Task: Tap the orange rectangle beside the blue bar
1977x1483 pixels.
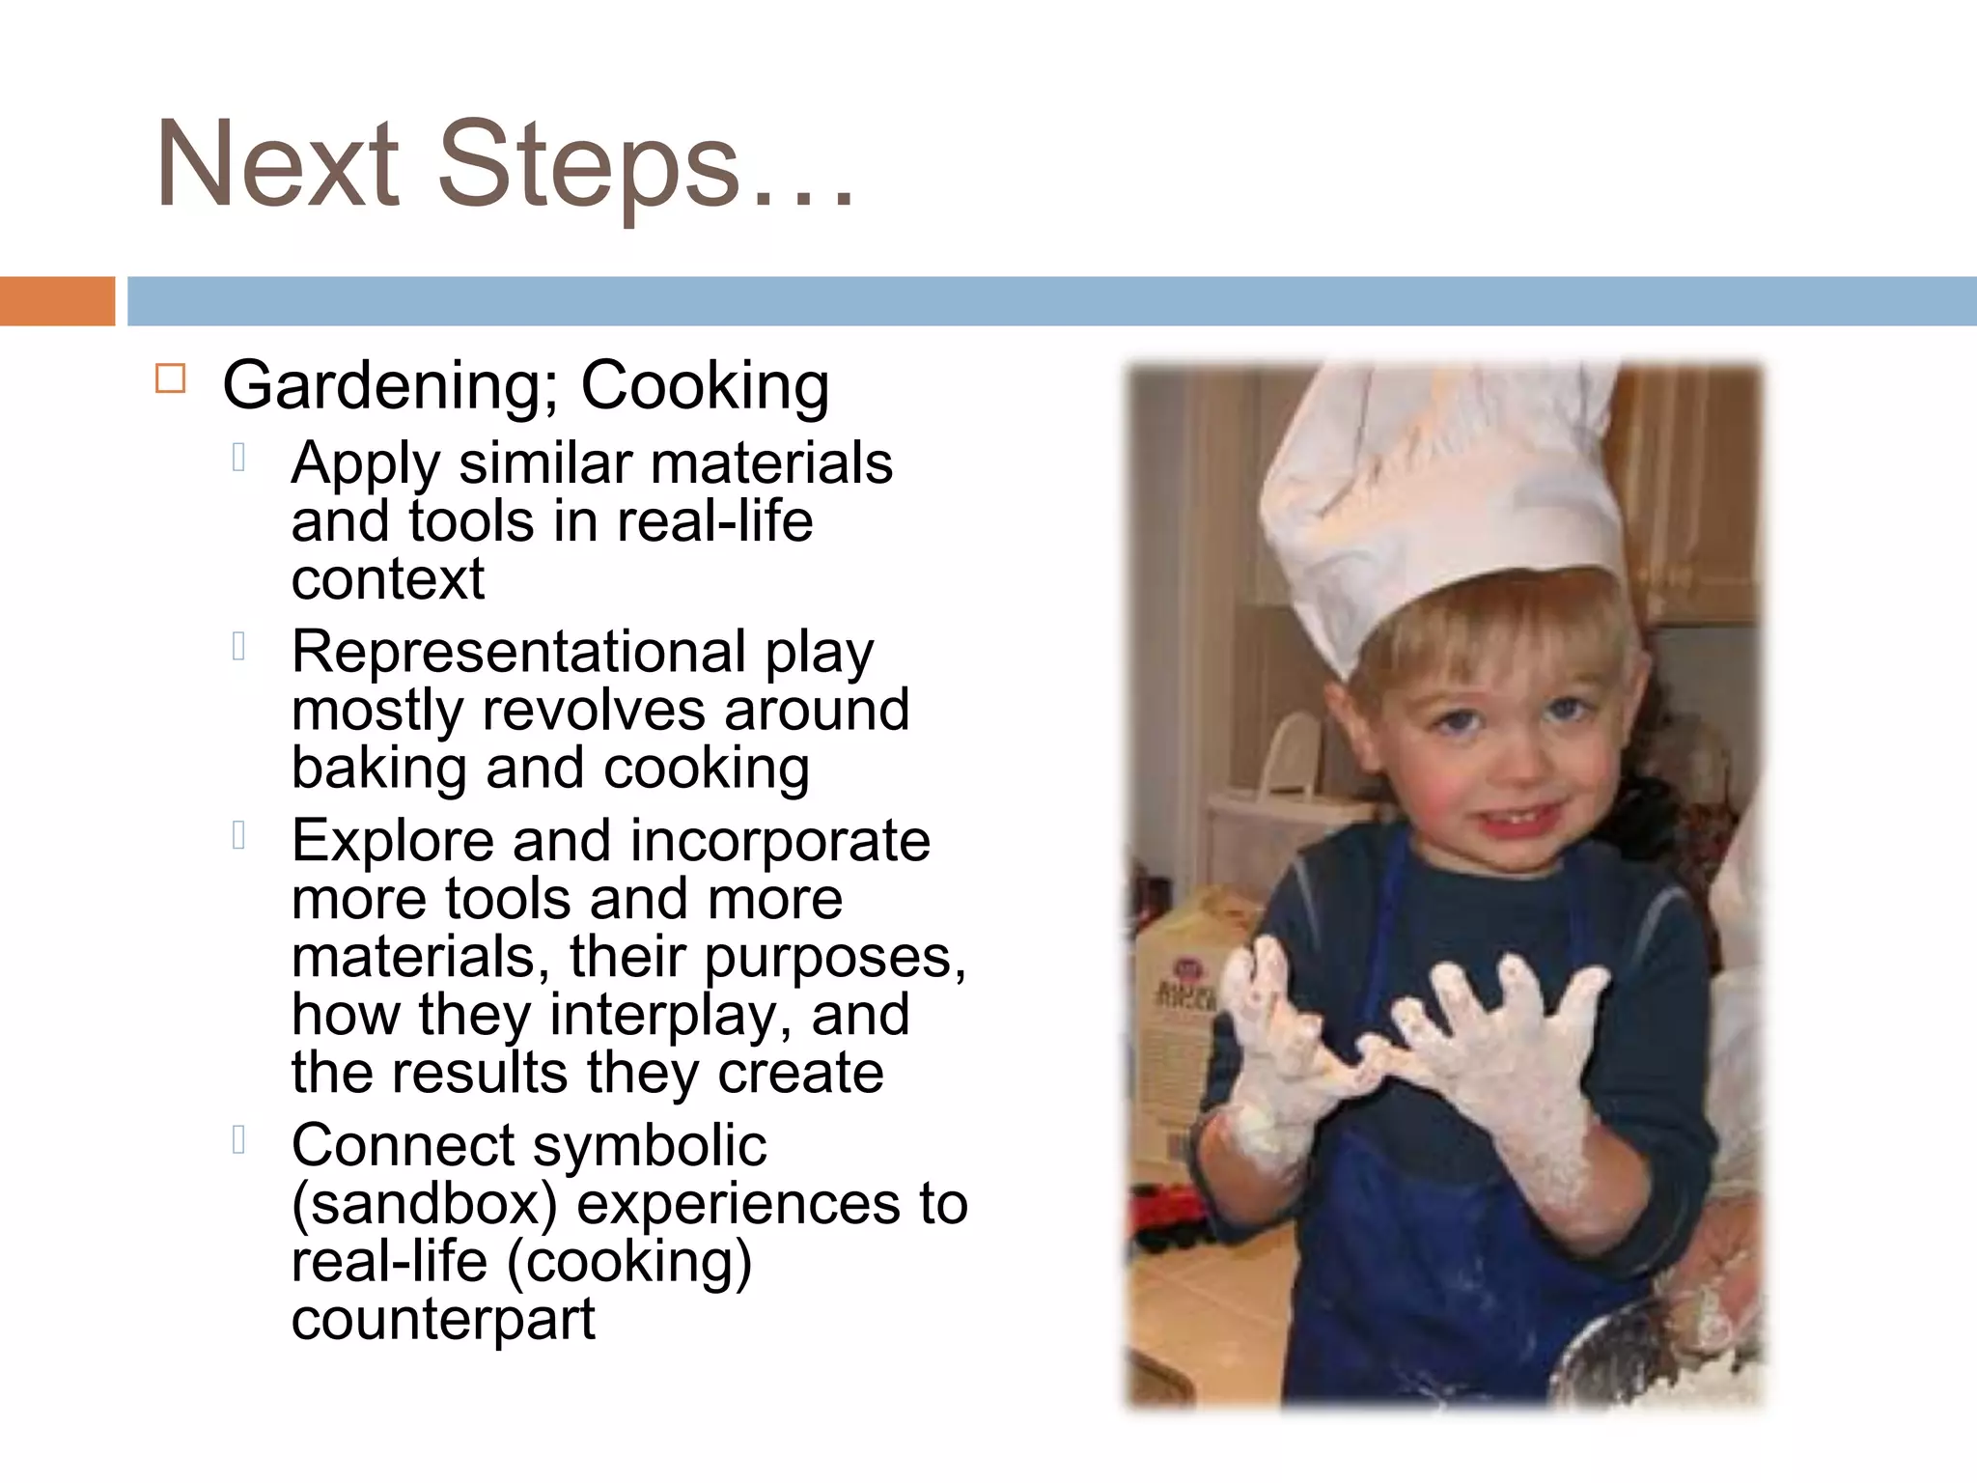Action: point(57,301)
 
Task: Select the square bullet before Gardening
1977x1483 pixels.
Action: point(170,378)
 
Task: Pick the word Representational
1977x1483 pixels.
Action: point(519,652)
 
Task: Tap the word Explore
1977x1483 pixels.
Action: point(392,840)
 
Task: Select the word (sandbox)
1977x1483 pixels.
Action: point(425,1204)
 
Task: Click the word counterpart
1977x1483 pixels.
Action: point(443,1319)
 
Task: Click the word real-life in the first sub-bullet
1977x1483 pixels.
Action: point(714,522)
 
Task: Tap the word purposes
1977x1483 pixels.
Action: point(833,958)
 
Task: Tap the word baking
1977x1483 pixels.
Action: point(377,769)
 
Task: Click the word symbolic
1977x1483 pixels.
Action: point(650,1147)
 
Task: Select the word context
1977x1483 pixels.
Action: point(387,580)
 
